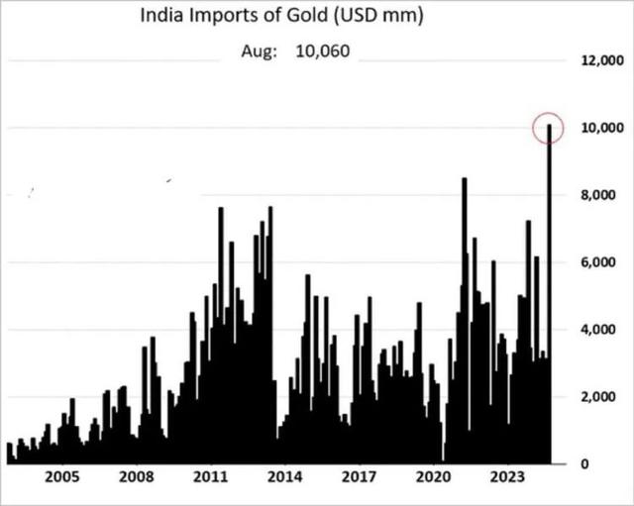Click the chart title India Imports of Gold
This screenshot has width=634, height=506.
281,16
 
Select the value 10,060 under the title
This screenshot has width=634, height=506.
323,51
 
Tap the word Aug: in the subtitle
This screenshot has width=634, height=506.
260,51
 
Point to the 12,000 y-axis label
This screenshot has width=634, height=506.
602,60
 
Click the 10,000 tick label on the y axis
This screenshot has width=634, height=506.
602,128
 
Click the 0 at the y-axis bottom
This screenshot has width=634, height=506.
584,464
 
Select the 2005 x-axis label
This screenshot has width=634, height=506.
62,477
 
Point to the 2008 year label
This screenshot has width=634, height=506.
137,477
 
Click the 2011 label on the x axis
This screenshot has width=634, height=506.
211,477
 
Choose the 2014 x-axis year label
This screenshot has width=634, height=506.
284,477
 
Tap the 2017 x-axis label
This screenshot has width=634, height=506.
359,477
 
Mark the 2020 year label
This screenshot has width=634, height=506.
433,477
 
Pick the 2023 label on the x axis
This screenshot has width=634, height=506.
507,477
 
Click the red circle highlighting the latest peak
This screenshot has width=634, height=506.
533,128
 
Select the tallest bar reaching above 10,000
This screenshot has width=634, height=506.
550,294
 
